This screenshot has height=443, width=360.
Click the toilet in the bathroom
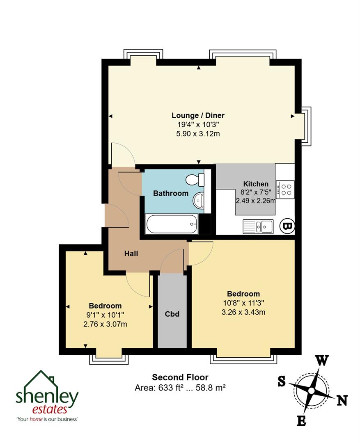(x=195, y=179)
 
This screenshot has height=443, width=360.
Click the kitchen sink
(x=258, y=226)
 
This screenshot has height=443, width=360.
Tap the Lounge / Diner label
(x=198, y=115)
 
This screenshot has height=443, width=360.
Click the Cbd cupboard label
(x=172, y=314)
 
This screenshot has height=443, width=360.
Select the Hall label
(x=131, y=253)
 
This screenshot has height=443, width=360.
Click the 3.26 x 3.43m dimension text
(x=243, y=312)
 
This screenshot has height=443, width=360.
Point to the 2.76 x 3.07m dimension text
(x=105, y=324)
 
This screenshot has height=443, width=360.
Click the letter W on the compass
(x=322, y=361)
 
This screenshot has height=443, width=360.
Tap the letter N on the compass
(x=342, y=400)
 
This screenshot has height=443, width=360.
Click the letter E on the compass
(x=301, y=420)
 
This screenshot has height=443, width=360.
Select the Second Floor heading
(x=180, y=377)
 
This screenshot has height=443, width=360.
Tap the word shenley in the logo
(x=47, y=396)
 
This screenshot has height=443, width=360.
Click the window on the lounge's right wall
(x=307, y=126)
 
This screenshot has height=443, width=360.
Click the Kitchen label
(x=256, y=184)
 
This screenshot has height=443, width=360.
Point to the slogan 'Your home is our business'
(x=47, y=419)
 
